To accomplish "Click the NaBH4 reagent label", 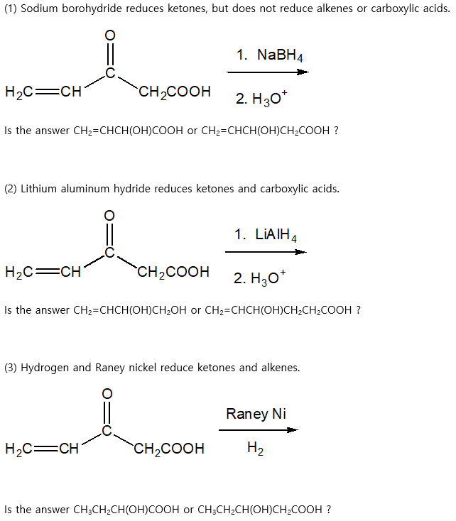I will [271, 55].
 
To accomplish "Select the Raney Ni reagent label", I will [256, 413].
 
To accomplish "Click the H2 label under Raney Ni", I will [255, 449].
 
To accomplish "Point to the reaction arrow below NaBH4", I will [268, 72].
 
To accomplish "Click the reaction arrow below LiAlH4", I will [266, 251].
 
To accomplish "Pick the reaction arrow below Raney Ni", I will [258, 429].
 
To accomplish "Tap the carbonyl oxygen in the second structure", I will [109, 215].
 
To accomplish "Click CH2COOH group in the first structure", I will [175, 92].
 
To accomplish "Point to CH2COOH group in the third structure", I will [169, 449].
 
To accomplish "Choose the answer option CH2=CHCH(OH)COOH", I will [129, 131].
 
